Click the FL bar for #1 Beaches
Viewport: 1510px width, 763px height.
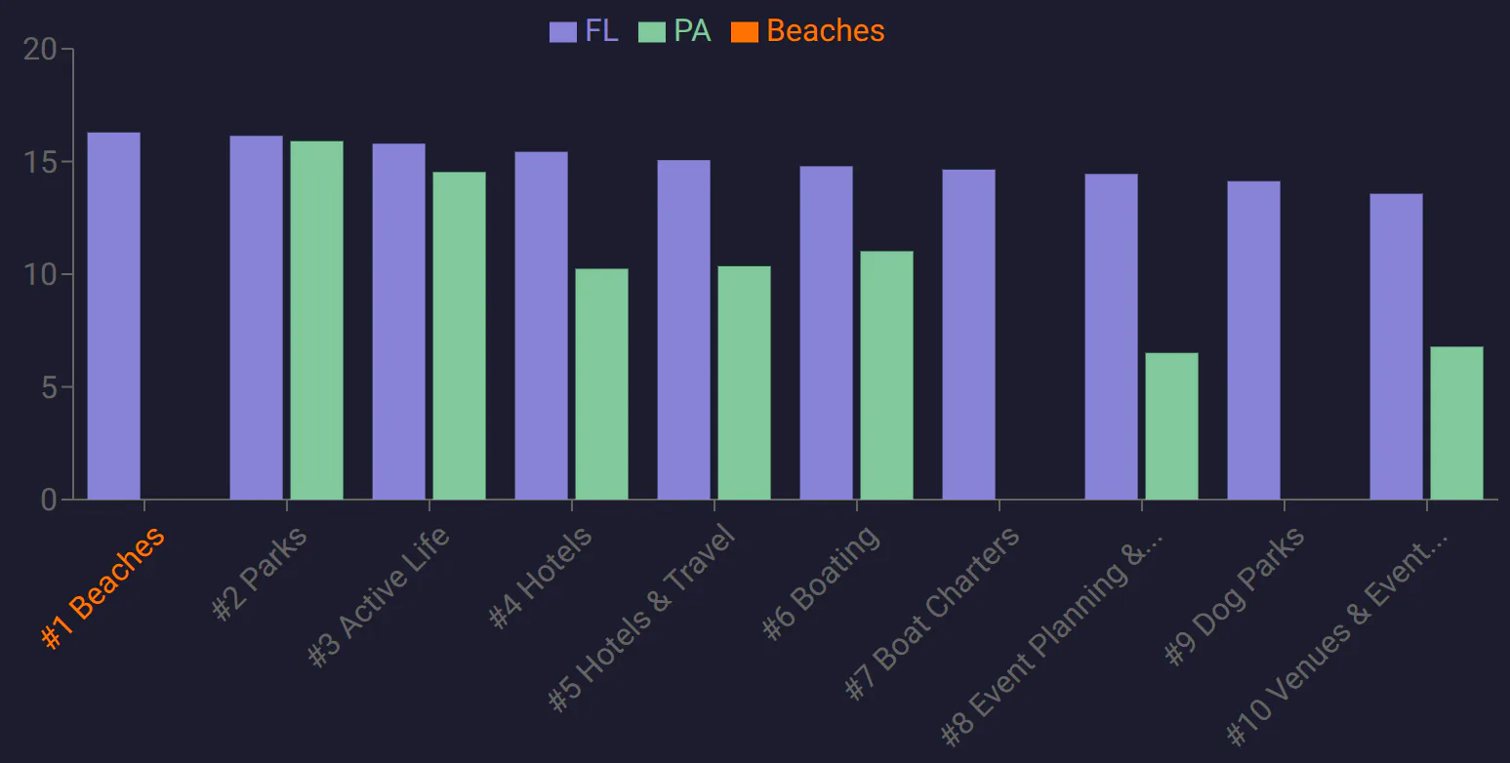pyautogui.click(x=113, y=316)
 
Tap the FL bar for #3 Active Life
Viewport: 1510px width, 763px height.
pyautogui.click(x=398, y=322)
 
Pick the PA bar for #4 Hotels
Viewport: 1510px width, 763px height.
pyautogui.click(x=601, y=384)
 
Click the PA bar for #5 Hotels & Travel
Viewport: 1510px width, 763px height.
pyautogui.click(x=744, y=382)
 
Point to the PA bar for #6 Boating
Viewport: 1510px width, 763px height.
pyautogui.click(x=886, y=376)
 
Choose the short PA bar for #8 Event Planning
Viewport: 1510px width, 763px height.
pyautogui.click(x=1171, y=426)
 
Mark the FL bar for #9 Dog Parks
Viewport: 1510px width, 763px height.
pyautogui.click(x=1253, y=341)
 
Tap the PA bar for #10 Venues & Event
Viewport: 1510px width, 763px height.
pyautogui.click(x=1456, y=423)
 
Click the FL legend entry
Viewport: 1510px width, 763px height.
pyautogui.click(x=584, y=31)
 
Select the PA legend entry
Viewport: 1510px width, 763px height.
pyautogui.click(x=674, y=31)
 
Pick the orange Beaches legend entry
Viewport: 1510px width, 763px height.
pyautogui.click(x=808, y=31)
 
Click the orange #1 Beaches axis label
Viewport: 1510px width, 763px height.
pyautogui.click(x=102, y=587)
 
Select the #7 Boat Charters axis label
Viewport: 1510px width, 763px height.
pyautogui.click(x=932, y=613)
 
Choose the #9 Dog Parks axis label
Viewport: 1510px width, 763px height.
pyautogui.click(x=1234, y=596)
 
